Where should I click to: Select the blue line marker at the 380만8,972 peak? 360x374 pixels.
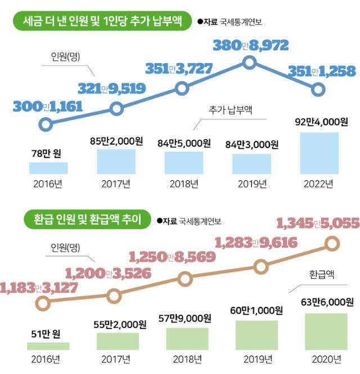[250, 63]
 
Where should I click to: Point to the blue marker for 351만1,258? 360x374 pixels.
[318, 89]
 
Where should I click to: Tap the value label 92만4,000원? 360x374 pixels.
[322, 122]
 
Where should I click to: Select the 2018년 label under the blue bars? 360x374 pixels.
[183, 184]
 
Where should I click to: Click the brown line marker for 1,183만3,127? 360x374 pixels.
[42, 303]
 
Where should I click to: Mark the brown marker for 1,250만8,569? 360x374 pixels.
[185, 278]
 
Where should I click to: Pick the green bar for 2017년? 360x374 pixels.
[117, 341]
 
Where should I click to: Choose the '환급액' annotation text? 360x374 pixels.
[322, 275]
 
